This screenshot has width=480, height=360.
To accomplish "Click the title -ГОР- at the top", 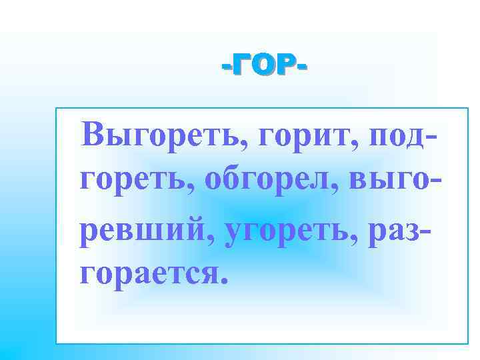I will (x=264, y=66).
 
